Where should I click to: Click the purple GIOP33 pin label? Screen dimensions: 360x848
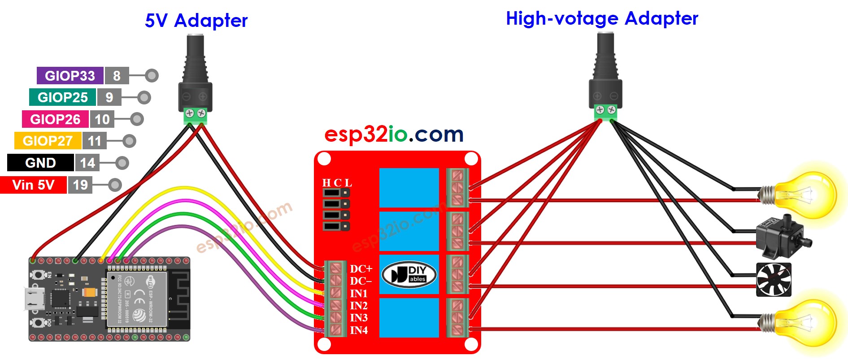point(70,76)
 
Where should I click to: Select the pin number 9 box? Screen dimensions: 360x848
point(109,97)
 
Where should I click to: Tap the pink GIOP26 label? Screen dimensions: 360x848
point(55,119)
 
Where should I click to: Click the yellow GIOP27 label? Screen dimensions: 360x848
point(48,141)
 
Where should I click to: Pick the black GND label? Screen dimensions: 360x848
point(40,163)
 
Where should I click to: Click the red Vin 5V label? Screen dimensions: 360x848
point(33,185)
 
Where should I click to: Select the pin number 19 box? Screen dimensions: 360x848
point(80,185)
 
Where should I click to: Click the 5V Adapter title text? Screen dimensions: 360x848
point(196,21)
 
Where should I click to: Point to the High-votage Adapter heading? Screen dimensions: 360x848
point(601,19)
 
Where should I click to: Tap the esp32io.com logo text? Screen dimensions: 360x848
point(393,134)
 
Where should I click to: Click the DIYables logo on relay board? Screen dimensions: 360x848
point(409,274)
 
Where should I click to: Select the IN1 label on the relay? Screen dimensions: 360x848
point(359,294)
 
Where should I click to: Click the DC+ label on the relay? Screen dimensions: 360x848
point(361,269)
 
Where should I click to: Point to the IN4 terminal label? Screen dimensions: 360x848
point(359,330)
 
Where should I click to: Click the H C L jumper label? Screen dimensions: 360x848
point(337,183)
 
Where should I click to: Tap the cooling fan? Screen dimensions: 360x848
point(774,280)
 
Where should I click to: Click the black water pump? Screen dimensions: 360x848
point(781,238)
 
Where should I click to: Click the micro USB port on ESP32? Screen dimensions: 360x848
point(34,299)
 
